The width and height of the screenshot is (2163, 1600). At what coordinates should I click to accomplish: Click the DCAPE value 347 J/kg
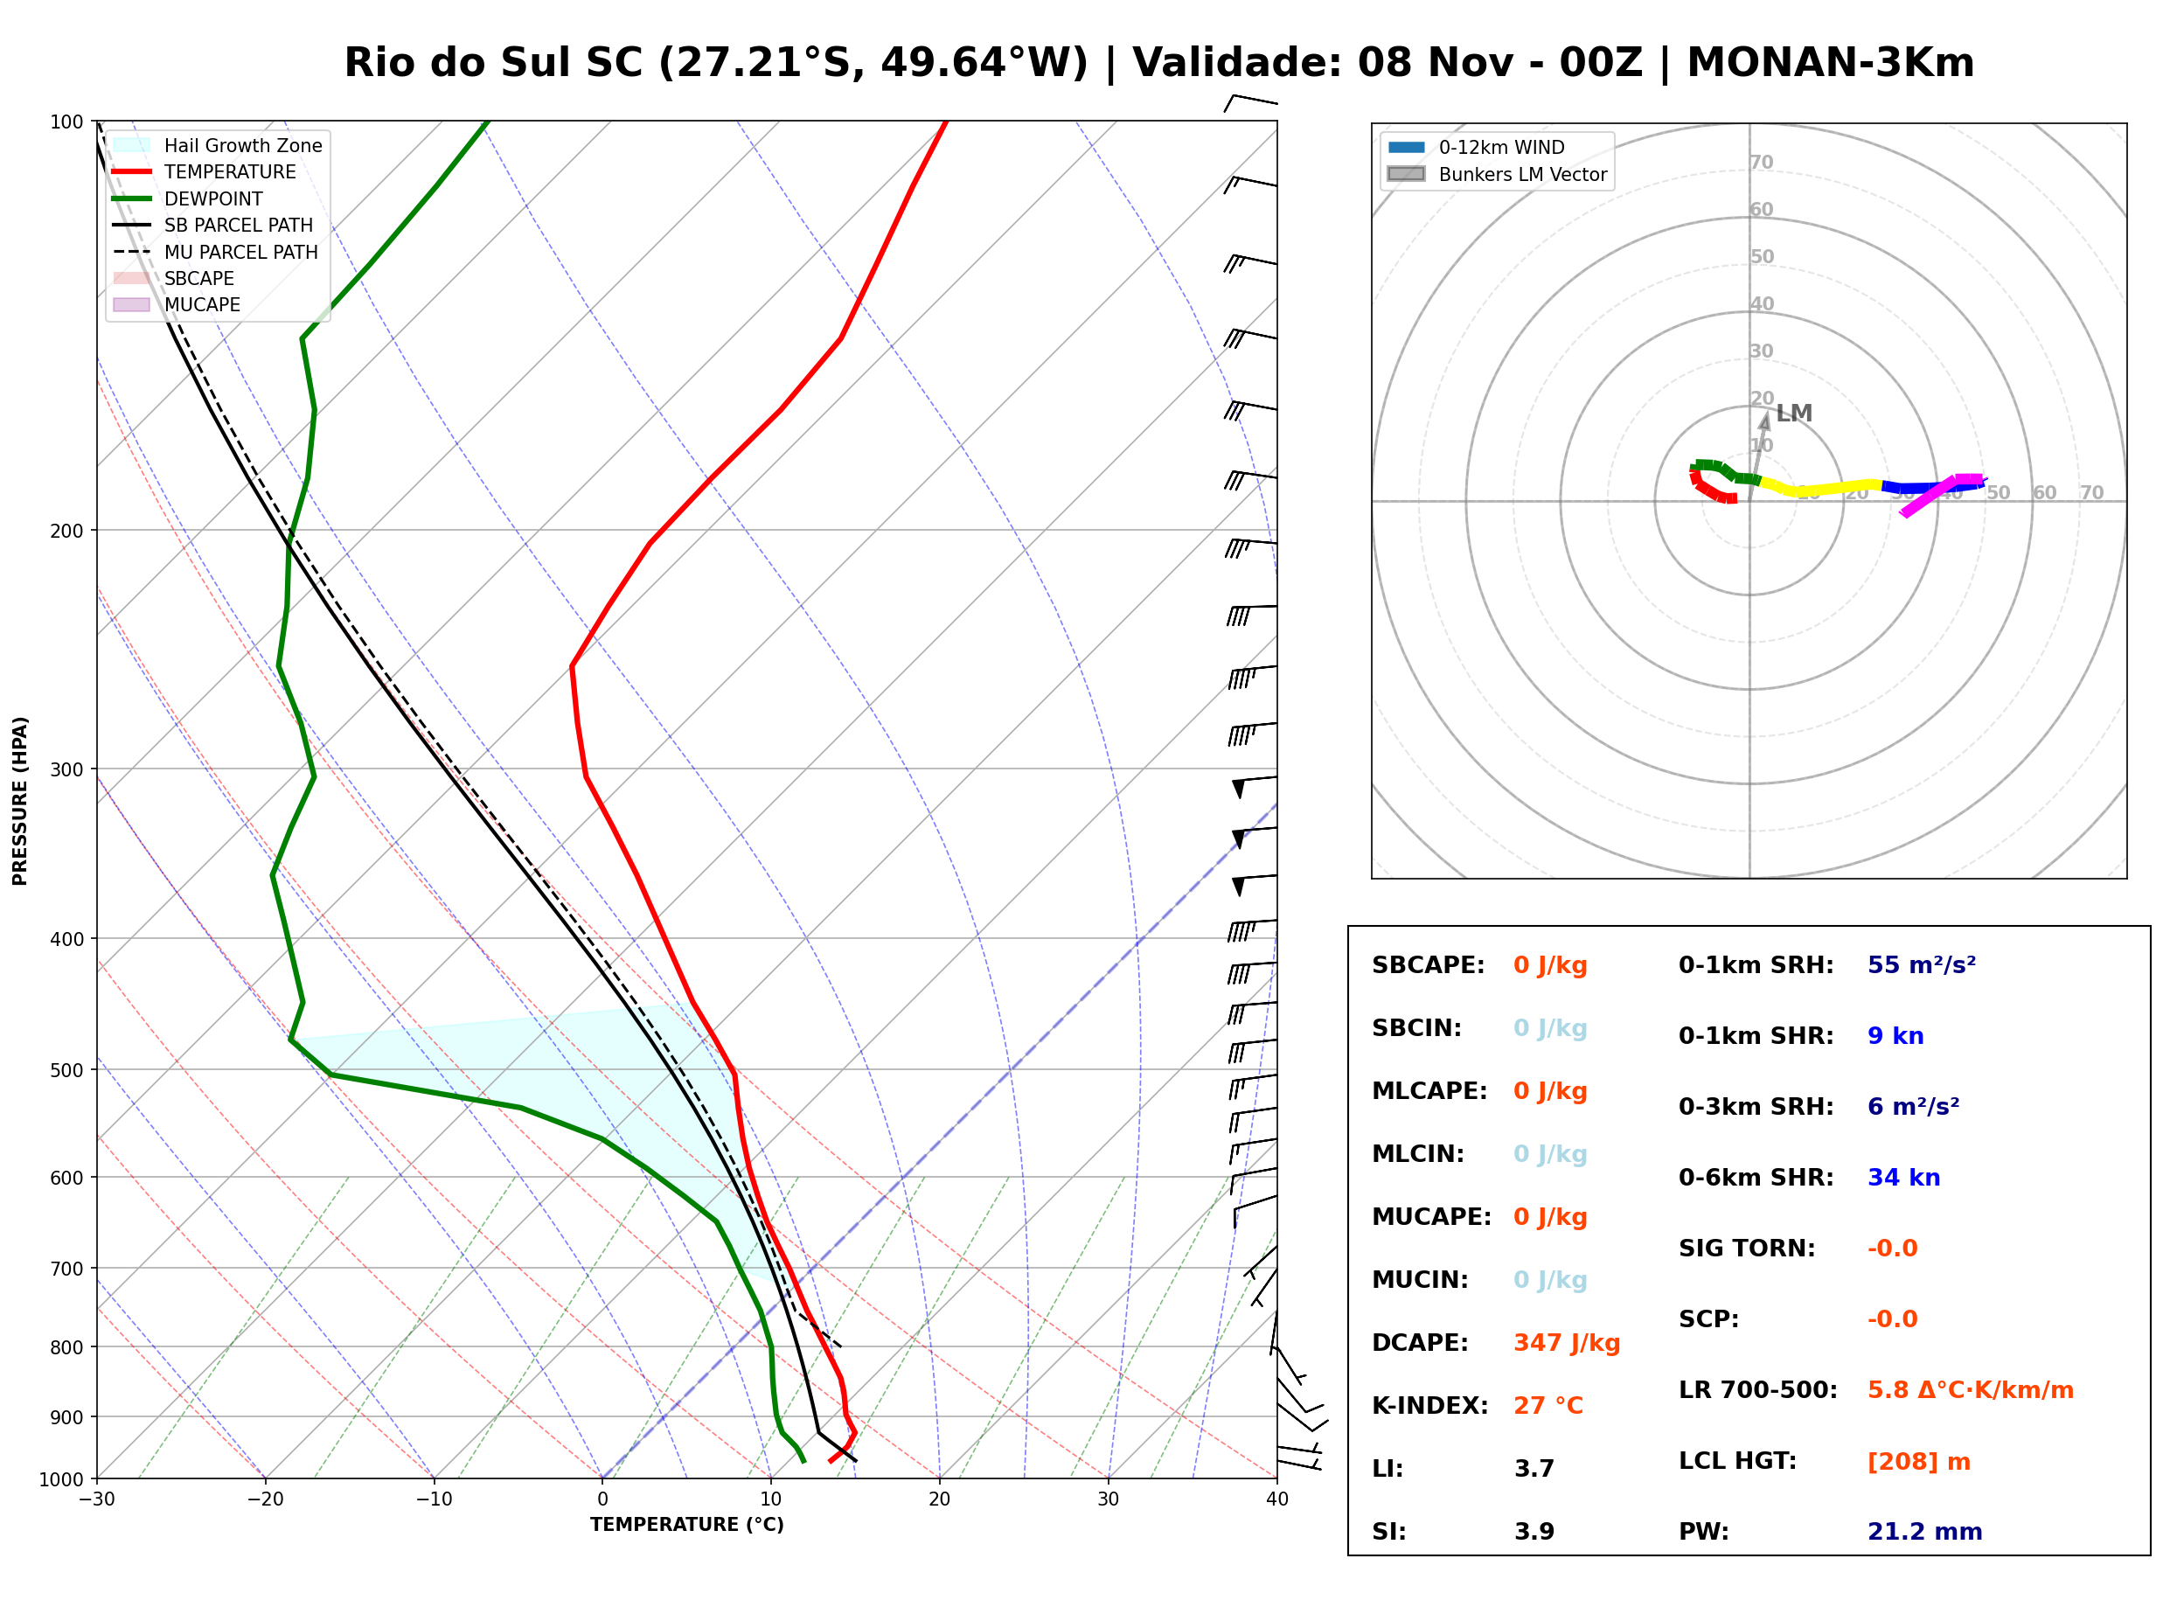coord(1567,1343)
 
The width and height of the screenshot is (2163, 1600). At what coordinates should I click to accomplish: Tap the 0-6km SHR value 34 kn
coord(1903,1178)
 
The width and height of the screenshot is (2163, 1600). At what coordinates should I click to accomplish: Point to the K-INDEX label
coord(1430,1406)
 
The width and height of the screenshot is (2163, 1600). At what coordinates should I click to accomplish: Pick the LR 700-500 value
coord(1971,1391)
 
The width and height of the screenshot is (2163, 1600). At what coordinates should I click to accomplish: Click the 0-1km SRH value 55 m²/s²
coord(1922,965)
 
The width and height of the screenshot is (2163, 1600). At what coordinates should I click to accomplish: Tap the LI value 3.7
coord(1534,1469)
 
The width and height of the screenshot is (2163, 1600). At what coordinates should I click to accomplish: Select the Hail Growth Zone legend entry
coord(218,145)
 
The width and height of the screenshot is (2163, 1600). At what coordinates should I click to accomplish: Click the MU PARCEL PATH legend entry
coord(216,252)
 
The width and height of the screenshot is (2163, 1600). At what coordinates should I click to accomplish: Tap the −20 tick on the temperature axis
coord(265,1499)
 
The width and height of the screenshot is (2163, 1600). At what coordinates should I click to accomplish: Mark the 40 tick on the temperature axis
coord(1277,1499)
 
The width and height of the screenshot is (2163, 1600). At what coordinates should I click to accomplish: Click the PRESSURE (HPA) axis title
coord(20,801)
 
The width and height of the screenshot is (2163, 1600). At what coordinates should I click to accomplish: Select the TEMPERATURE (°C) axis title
coord(687,1525)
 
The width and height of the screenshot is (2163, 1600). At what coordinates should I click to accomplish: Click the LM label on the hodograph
coord(1794,414)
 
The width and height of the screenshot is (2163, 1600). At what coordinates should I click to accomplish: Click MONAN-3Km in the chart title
coord(1831,63)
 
